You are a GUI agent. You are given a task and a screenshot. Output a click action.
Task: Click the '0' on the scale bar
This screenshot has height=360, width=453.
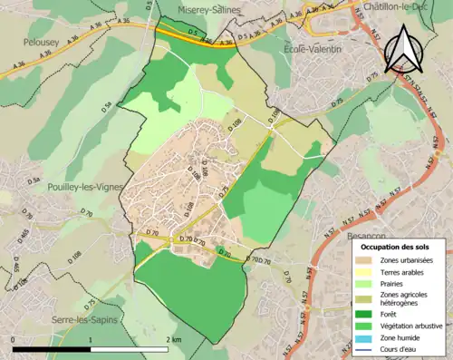click(x=14, y=339)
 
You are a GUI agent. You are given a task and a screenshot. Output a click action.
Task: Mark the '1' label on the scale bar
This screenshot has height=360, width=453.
click(x=91, y=339)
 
